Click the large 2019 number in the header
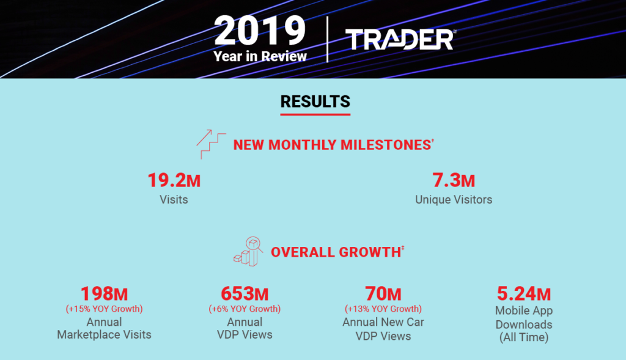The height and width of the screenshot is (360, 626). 260,31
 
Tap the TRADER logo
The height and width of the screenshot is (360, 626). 400,39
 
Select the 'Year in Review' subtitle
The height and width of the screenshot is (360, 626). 260,56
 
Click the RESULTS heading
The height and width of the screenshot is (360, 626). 315,102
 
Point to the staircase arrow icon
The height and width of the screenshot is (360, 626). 211,144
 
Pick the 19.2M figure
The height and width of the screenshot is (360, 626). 174,180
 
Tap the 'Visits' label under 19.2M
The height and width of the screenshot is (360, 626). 174,199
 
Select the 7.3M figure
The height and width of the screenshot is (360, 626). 454,180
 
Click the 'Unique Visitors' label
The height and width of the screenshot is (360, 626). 454,199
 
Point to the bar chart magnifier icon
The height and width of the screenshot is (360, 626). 248,251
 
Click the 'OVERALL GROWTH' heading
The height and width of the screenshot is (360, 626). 337,252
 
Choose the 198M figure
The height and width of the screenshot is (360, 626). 104,294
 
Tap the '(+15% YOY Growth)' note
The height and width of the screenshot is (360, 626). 104,309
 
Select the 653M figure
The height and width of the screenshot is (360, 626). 245,294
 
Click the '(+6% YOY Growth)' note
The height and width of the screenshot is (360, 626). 245,309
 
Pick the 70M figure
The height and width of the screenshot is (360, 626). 383,294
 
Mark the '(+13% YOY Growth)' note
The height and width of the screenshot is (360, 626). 383,309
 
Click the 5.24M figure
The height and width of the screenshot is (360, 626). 524,294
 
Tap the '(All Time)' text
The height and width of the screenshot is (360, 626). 524,337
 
